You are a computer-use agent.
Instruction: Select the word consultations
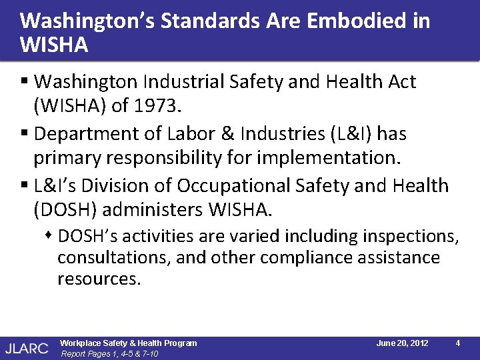click(113, 258)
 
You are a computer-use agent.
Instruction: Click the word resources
click(99, 279)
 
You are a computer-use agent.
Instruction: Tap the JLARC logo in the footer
click(26, 347)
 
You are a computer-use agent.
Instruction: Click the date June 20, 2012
click(402, 343)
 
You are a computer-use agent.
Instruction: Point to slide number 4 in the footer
click(458, 343)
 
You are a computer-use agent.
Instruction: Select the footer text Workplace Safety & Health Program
click(129, 343)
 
